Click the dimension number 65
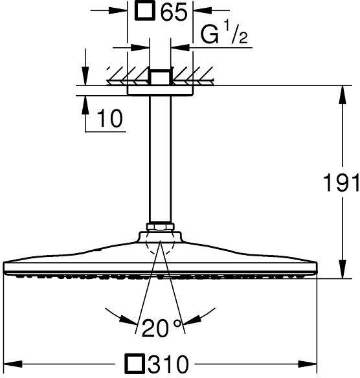pyautogui.click(x=174, y=12)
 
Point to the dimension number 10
pyautogui.click(x=109, y=118)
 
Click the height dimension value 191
pyautogui.click(x=341, y=183)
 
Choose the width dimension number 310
pyautogui.click(x=168, y=363)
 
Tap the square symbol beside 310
pyautogui.click(x=136, y=363)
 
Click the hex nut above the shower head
pyautogui.click(x=160, y=227)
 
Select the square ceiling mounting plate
pyautogui.click(x=160, y=91)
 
